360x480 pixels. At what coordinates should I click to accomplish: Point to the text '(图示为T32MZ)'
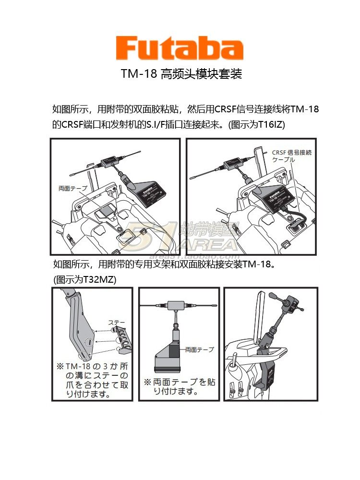click(84, 279)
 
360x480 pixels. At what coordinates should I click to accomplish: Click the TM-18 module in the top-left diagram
click(153, 193)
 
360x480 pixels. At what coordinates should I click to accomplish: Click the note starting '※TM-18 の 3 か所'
click(92, 380)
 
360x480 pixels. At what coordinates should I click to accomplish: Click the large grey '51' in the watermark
click(149, 234)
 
